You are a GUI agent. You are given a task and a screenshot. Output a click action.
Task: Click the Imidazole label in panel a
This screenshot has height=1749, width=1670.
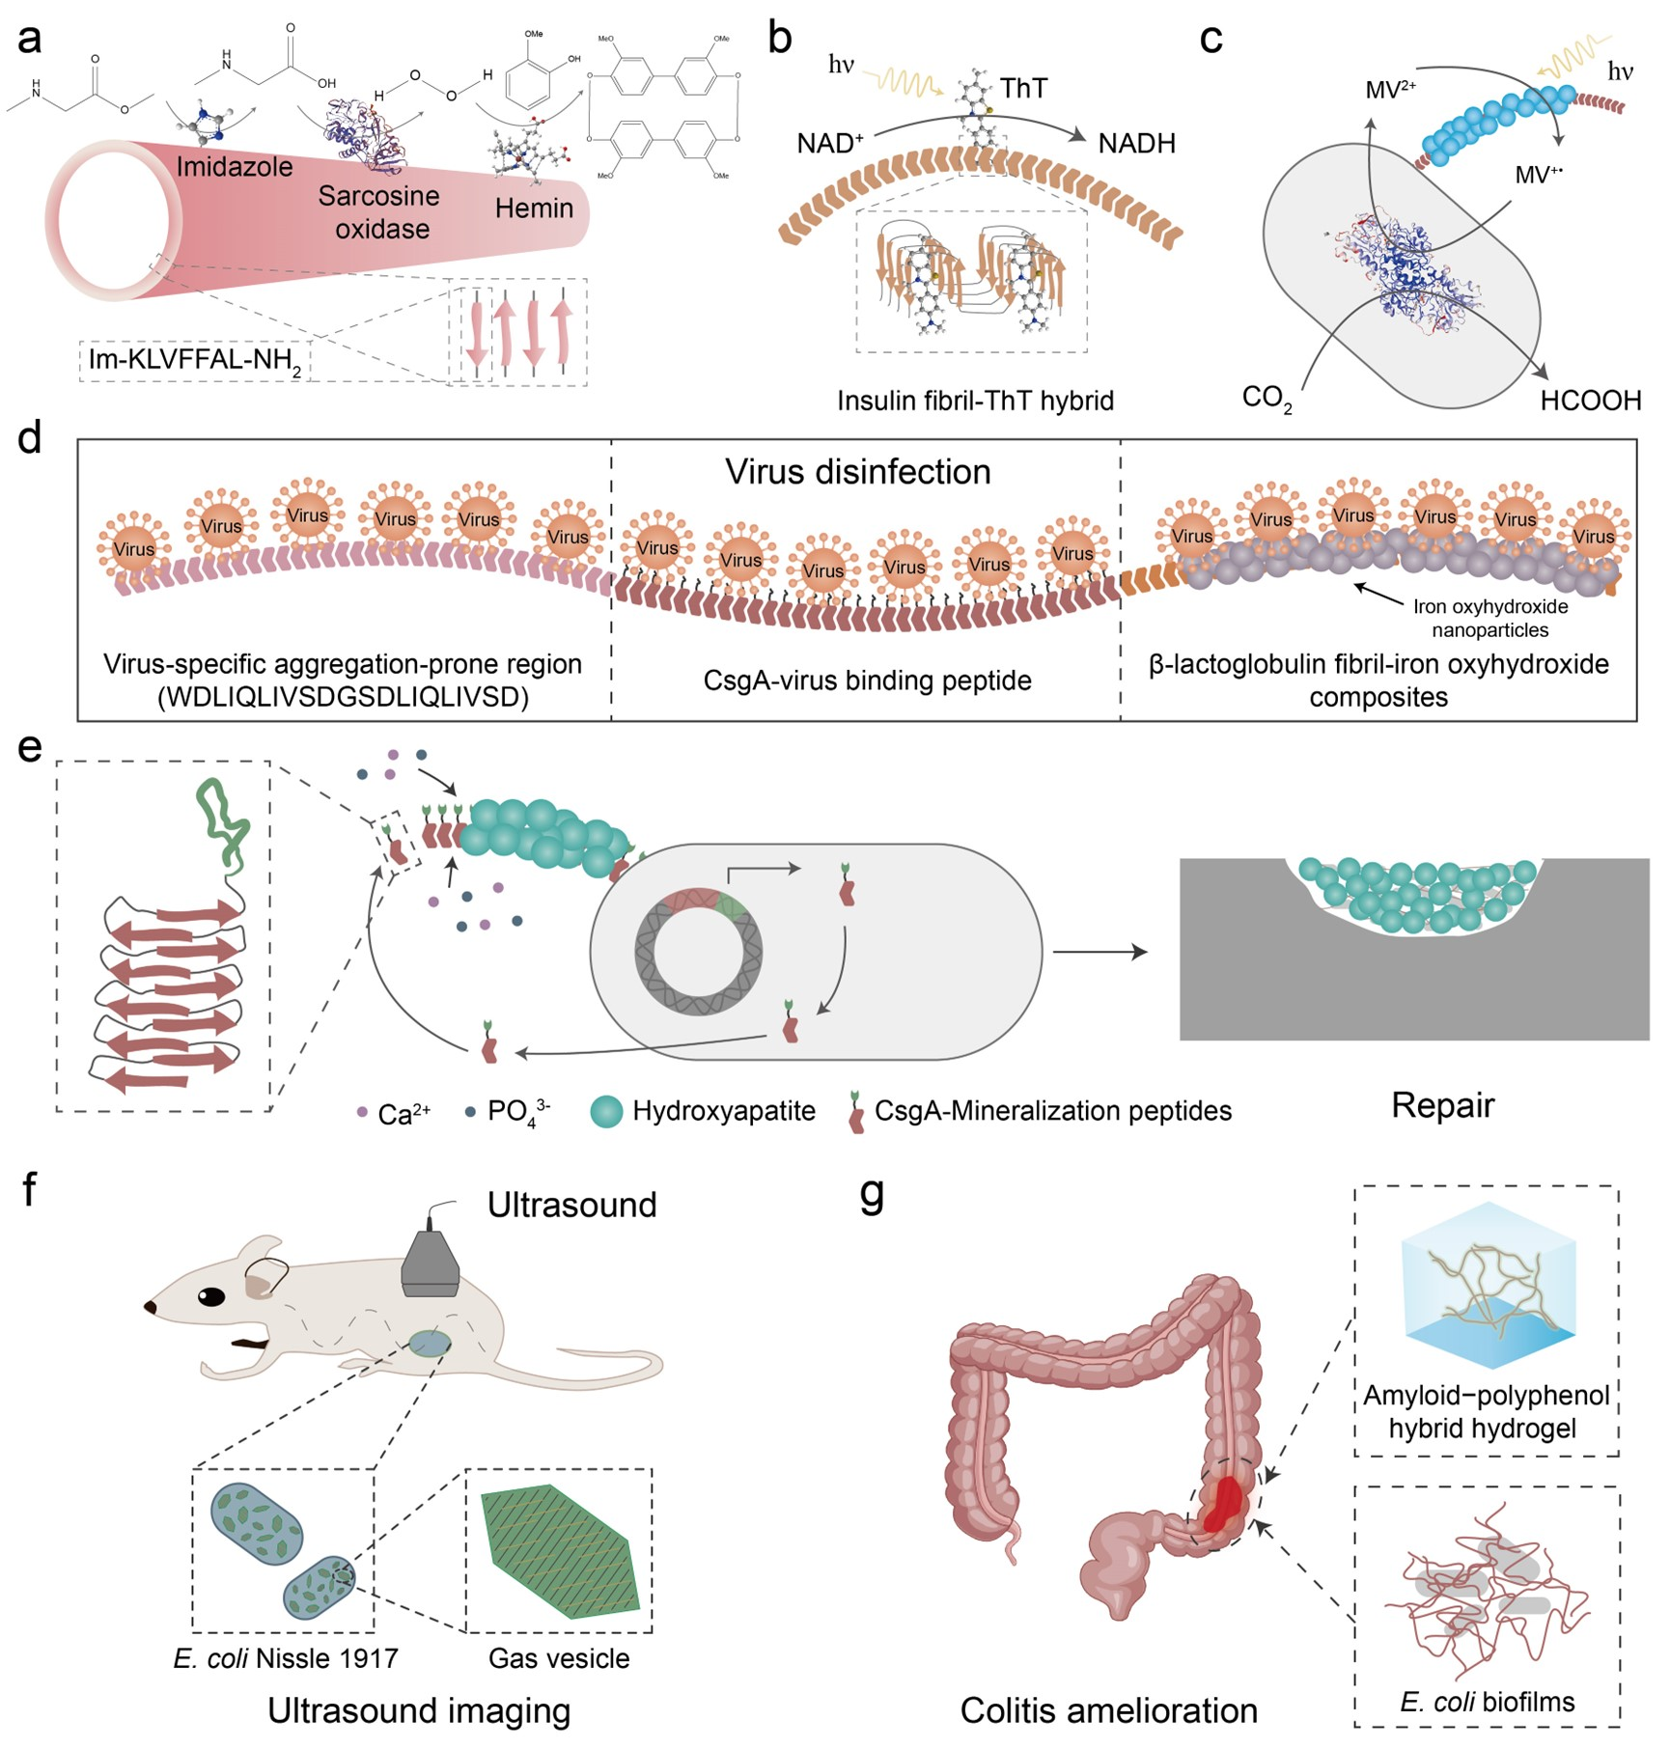pos(235,167)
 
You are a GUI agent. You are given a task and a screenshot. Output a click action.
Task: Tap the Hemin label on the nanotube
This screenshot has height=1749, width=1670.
pos(534,208)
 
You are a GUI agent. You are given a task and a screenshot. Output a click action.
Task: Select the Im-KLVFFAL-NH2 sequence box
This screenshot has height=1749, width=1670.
pos(195,361)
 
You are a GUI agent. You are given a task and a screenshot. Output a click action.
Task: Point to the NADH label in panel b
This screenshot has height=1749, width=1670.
pos(1136,144)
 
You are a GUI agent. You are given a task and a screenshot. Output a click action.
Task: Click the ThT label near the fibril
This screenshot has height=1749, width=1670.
pos(1023,89)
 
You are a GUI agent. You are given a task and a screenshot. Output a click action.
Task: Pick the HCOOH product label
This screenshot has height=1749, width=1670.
pos(1590,401)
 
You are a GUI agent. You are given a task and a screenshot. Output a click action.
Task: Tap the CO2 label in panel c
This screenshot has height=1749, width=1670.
pos(1266,399)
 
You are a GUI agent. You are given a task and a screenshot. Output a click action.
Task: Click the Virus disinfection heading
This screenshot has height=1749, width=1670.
pos(857,472)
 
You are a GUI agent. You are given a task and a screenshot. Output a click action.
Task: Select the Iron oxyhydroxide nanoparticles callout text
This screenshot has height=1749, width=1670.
pos(1489,619)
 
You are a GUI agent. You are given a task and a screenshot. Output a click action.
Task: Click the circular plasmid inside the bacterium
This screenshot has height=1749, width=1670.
pos(698,951)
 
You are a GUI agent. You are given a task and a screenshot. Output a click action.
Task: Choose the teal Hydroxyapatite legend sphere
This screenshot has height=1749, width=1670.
pos(606,1112)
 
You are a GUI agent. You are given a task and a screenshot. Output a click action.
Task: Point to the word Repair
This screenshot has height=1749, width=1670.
pos(1442,1105)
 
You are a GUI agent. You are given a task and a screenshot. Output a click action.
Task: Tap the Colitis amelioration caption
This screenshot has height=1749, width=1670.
pos(1108,1710)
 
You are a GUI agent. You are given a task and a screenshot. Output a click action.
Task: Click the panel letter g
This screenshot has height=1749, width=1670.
pos(872,1195)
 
